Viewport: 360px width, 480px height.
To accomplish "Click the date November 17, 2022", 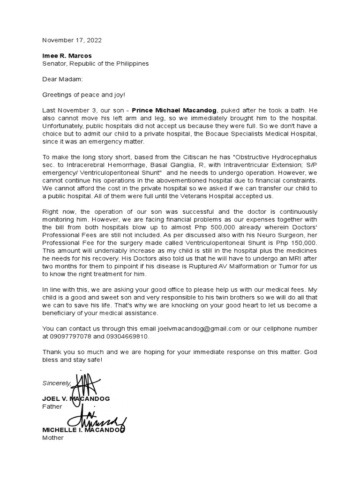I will [72, 40].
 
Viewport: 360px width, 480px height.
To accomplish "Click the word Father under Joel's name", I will [52, 406].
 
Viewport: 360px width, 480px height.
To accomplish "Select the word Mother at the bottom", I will [52, 437].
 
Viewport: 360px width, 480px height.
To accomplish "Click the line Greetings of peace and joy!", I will [84, 94].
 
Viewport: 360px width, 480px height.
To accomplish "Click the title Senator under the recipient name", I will [55, 63].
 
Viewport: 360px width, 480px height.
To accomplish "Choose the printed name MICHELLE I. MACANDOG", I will [83, 430].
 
